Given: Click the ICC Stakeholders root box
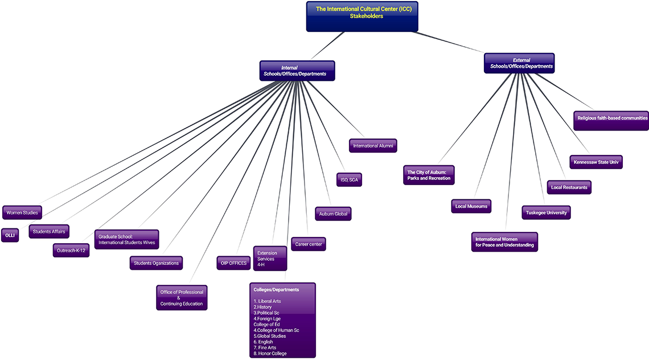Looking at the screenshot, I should click(x=362, y=16).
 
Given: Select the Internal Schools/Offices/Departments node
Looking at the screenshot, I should click(x=297, y=71).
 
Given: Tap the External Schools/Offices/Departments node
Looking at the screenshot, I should click(x=519, y=63).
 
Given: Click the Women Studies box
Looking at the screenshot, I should click(x=22, y=213).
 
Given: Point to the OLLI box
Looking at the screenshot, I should click(x=10, y=235).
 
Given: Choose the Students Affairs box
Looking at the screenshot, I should click(x=49, y=231).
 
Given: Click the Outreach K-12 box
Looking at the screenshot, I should click(x=71, y=250).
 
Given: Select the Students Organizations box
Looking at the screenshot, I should click(x=156, y=263).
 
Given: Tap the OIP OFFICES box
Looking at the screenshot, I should click(x=233, y=263).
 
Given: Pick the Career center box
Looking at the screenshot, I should click(x=308, y=244).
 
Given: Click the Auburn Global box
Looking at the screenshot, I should click(x=333, y=214).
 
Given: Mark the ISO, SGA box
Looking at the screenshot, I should click(x=349, y=180).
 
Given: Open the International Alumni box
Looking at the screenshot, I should click(x=373, y=146).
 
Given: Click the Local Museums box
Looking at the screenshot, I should click(x=471, y=206).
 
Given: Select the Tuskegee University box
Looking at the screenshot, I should click(x=545, y=212).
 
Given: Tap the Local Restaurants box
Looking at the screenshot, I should click(x=569, y=187).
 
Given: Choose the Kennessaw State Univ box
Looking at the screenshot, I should click(x=596, y=162).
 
